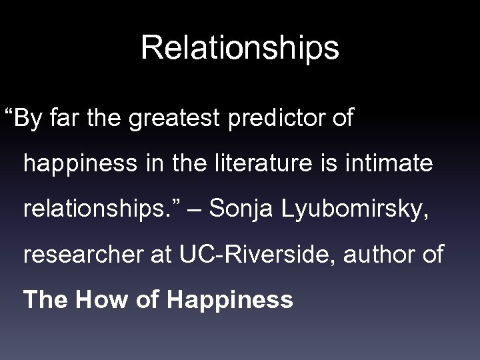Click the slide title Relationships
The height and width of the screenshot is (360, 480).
click(240, 48)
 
